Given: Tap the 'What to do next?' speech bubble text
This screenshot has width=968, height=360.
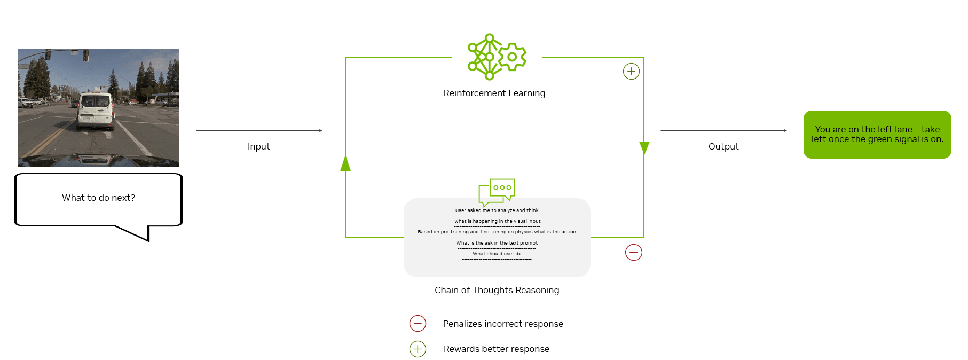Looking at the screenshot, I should [98, 198].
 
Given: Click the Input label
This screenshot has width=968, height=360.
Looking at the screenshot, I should [258, 146].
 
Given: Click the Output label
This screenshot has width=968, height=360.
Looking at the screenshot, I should [723, 146].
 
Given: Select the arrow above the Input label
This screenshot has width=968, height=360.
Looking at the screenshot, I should [259, 130].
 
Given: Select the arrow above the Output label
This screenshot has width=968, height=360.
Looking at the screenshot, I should [723, 130].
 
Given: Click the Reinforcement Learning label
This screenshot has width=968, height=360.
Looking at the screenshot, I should [494, 93].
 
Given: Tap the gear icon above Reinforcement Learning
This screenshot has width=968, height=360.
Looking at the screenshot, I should [513, 57].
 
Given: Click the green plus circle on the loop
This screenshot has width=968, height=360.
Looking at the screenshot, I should [631, 72].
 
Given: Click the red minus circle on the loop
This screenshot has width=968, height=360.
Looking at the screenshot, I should [633, 252].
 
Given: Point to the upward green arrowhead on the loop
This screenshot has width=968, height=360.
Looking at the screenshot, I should [345, 163].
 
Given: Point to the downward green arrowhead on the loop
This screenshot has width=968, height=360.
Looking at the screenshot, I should [644, 148].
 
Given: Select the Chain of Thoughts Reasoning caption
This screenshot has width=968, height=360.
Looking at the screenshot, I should [497, 290].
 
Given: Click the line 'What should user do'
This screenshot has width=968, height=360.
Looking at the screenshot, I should [497, 254].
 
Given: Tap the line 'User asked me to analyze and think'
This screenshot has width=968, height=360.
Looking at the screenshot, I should [497, 210].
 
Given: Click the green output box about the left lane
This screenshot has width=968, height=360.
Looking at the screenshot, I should [877, 135].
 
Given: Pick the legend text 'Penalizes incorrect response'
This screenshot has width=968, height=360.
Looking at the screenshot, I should [502, 324].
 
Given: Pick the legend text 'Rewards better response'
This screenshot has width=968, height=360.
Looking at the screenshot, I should [496, 349].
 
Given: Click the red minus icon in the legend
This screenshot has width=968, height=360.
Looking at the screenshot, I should [418, 323].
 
